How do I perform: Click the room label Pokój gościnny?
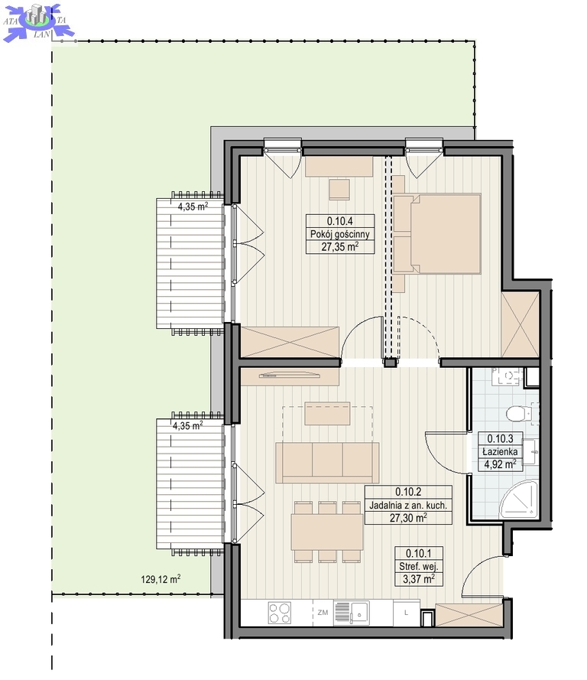pyautogui.click(x=340, y=234)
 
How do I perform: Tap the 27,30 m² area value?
pyautogui.click(x=408, y=517)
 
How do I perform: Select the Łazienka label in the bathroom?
pyautogui.click(x=500, y=451)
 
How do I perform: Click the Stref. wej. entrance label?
pyautogui.click(x=419, y=566)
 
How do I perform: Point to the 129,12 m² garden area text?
pyautogui.click(x=161, y=579)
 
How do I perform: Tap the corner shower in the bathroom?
pyautogui.click(x=518, y=499)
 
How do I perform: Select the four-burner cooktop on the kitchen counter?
pyautogui.click(x=280, y=613)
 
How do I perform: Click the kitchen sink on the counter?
pyautogui.click(x=352, y=613)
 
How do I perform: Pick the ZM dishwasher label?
pyautogui.click(x=323, y=613)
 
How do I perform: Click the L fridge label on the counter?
pyautogui.click(x=406, y=613)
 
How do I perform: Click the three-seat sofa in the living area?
pyautogui.click(x=327, y=462)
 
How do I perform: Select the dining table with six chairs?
pyautogui.click(x=327, y=532)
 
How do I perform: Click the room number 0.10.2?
pyautogui.click(x=408, y=492)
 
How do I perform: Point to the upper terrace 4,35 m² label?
pyautogui.click(x=193, y=207)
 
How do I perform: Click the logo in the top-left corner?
pyautogui.click(x=38, y=22)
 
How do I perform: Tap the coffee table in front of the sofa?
pyautogui.click(x=327, y=413)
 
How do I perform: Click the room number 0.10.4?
pyautogui.click(x=340, y=221)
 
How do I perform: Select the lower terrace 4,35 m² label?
pyautogui.click(x=187, y=425)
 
